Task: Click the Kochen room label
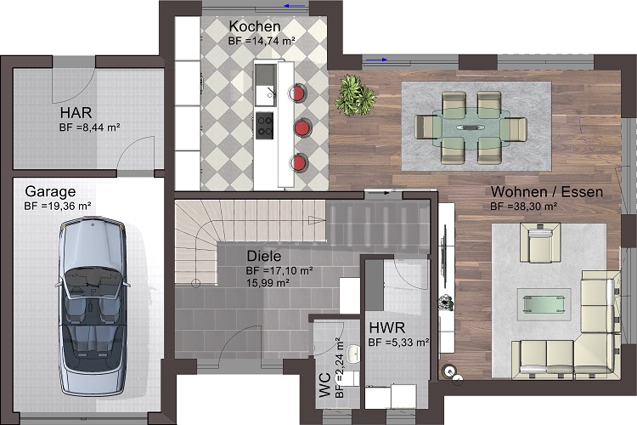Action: pyautogui.click(x=255, y=26)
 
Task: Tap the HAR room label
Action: pyautogui.click(x=76, y=113)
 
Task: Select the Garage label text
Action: pyautogui.click(x=50, y=191)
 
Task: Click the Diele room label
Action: pyautogui.click(x=264, y=256)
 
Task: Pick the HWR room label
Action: pyautogui.click(x=386, y=327)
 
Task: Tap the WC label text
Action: pyautogui.click(x=325, y=385)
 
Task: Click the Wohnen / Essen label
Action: pyautogui.click(x=547, y=191)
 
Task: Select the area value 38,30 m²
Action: pyautogui.click(x=533, y=207)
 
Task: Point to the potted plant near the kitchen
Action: pyautogui.click(x=355, y=95)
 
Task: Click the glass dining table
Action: pyautogui.click(x=471, y=127)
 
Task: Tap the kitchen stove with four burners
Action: pyautogui.click(x=264, y=125)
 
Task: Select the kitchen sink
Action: pyautogui.click(x=265, y=84)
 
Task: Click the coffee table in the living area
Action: pyautogui.click(x=544, y=303)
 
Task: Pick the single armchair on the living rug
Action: pyautogui.click(x=540, y=242)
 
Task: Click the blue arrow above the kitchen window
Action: pyautogui.click(x=295, y=6)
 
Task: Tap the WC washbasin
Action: pyautogui.click(x=352, y=354)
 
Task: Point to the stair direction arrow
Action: pyautogui.click(x=317, y=221)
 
